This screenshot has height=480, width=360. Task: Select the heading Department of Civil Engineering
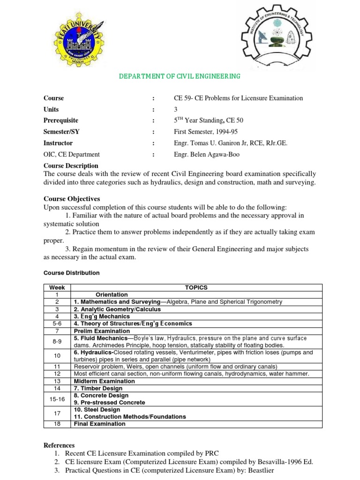(180, 76)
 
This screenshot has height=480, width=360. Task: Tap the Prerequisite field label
(61, 120)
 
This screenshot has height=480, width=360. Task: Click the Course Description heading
(71, 165)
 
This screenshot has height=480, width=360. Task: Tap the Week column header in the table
(57, 287)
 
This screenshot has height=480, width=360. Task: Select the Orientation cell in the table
(112, 295)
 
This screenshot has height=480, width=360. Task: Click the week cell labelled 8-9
(57, 341)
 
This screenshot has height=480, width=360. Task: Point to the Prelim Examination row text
(102, 331)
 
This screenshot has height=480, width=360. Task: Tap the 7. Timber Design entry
(97, 388)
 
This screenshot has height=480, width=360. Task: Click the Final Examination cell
(99, 424)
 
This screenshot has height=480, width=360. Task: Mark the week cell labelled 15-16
(57, 399)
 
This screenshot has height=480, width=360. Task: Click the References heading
(59, 445)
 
